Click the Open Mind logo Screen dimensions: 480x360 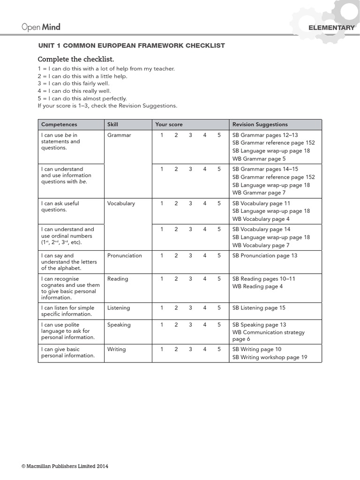coord(41,27)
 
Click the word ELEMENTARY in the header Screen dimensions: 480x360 coord(331,28)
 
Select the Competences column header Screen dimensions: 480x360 coord(59,125)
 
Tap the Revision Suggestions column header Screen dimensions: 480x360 coord(260,125)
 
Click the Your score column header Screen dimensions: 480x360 coord(169,125)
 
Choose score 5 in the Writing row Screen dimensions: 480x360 coord(218,349)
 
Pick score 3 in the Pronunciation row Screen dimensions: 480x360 coord(190,256)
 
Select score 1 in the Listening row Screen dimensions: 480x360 coord(162,308)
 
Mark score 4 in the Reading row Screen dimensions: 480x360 coord(205,279)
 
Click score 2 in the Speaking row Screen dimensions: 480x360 coord(176,325)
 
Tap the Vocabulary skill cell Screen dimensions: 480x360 coord(121,203)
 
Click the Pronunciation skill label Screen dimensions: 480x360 coord(124,256)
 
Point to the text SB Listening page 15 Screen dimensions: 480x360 coord(259,308)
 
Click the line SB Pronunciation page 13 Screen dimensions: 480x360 coord(264,256)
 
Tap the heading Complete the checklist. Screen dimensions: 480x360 coord(75,59)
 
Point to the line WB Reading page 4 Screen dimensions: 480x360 coord(257,286)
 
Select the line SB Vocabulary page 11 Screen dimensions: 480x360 coord(261,203)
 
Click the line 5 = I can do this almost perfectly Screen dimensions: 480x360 coord(82,98)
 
